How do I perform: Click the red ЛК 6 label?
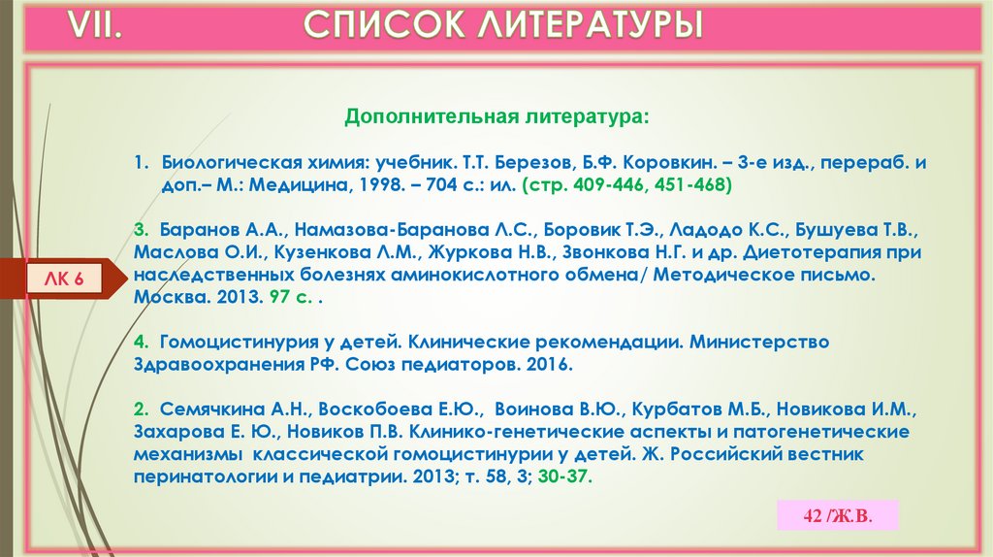65,280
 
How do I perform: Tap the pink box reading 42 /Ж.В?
838,515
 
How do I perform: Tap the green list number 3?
141,231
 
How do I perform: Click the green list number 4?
141,343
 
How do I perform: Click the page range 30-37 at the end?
566,477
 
